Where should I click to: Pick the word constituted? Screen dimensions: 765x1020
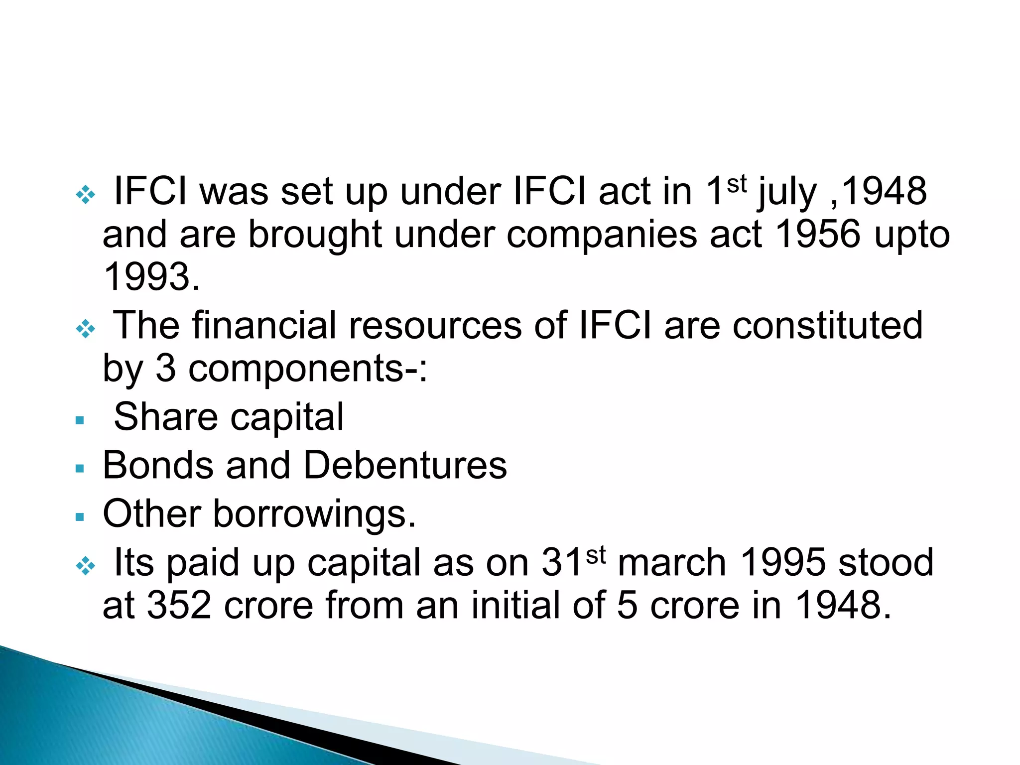pyautogui.click(x=827, y=326)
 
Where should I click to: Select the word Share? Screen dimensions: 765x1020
pyautogui.click(x=166, y=417)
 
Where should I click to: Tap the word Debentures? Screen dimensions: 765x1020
pyautogui.click(x=405, y=465)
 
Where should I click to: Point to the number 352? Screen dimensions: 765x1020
pyautogui.click(x=179, y=605)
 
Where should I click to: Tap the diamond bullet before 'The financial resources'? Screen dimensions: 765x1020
pyautogui.click(x=85, y=328)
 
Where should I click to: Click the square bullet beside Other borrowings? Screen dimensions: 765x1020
pyautogui.click(x=80, y=517)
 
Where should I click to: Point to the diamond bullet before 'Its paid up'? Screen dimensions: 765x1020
pyautogui.click(x=85, y=565)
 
